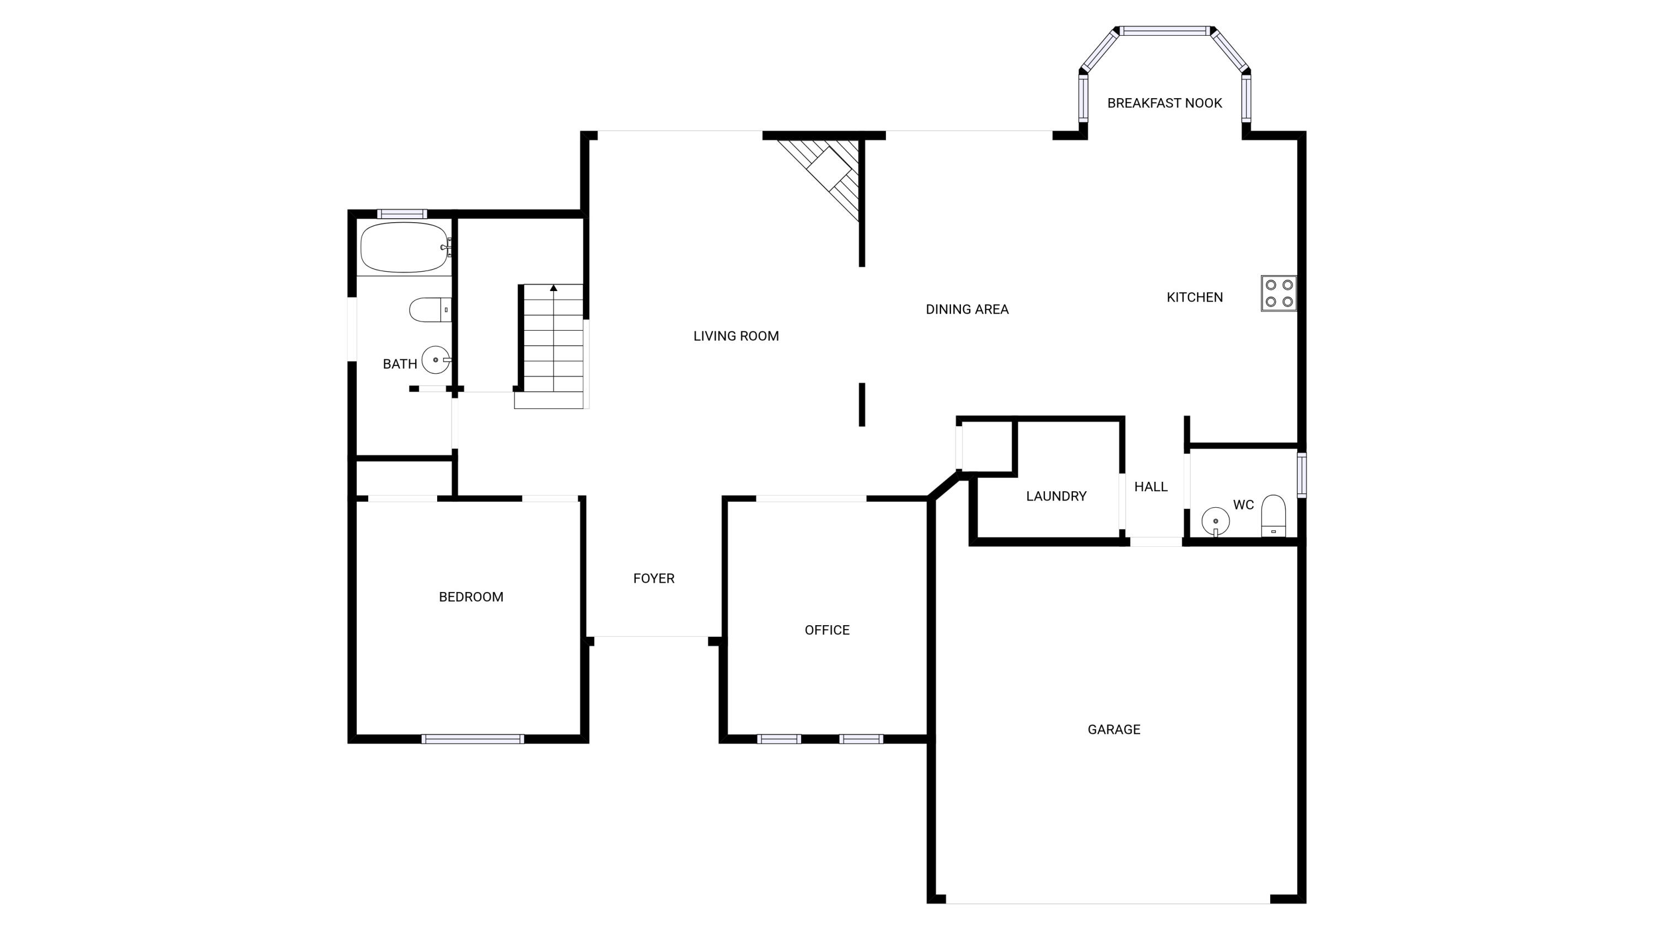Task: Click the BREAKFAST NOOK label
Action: coord(1164,103)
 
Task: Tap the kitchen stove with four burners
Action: coord(1279,293)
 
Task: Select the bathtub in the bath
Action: coord(404,248)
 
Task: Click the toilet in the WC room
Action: coord(1272,515)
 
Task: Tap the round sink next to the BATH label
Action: coord(436,359)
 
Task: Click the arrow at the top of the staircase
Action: coord(554,288)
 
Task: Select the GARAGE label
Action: coord(1113,730)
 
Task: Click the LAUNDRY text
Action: coord(1056,496)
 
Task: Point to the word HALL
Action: coord(1151,487)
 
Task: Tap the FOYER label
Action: coord(654,579)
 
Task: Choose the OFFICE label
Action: coord(826,630)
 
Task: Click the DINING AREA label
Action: coord(967,309)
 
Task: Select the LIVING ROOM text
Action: coord(736,336)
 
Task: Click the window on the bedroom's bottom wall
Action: coord(472,739)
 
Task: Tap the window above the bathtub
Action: coord(402,214)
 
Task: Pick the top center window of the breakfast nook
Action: coord(1165,31)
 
